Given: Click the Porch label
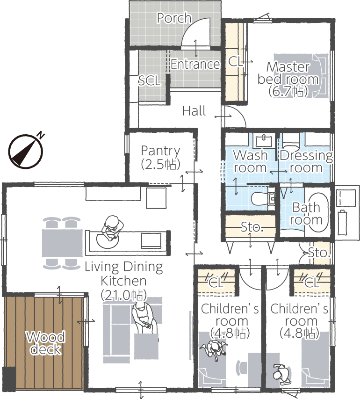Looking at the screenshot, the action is point(174,18).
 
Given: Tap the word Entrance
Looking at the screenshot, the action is point(195,64).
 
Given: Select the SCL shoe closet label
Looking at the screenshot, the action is point(149,80).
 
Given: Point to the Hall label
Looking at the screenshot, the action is point(194,111).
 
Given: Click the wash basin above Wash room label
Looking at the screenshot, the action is point(264,141).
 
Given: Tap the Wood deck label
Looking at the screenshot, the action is point(45,342).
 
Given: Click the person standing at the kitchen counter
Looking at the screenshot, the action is point(111,230).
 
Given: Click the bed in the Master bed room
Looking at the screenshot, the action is point(301,76).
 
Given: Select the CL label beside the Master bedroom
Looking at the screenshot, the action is point(235,61).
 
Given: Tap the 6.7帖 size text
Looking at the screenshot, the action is point(288,91).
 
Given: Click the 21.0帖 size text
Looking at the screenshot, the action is point(124,295).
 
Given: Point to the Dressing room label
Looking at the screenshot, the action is point(306,161).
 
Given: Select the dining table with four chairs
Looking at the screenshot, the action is point(62,243).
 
